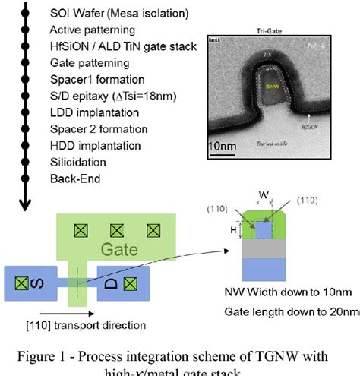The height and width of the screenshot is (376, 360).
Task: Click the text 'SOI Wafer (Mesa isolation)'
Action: [x=109, y=14]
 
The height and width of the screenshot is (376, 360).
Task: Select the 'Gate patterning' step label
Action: [x=88, y=63]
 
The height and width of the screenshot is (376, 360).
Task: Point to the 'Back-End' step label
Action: [x=75, y=179]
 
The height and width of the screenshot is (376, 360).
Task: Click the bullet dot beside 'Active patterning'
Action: [x=27, y=30]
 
